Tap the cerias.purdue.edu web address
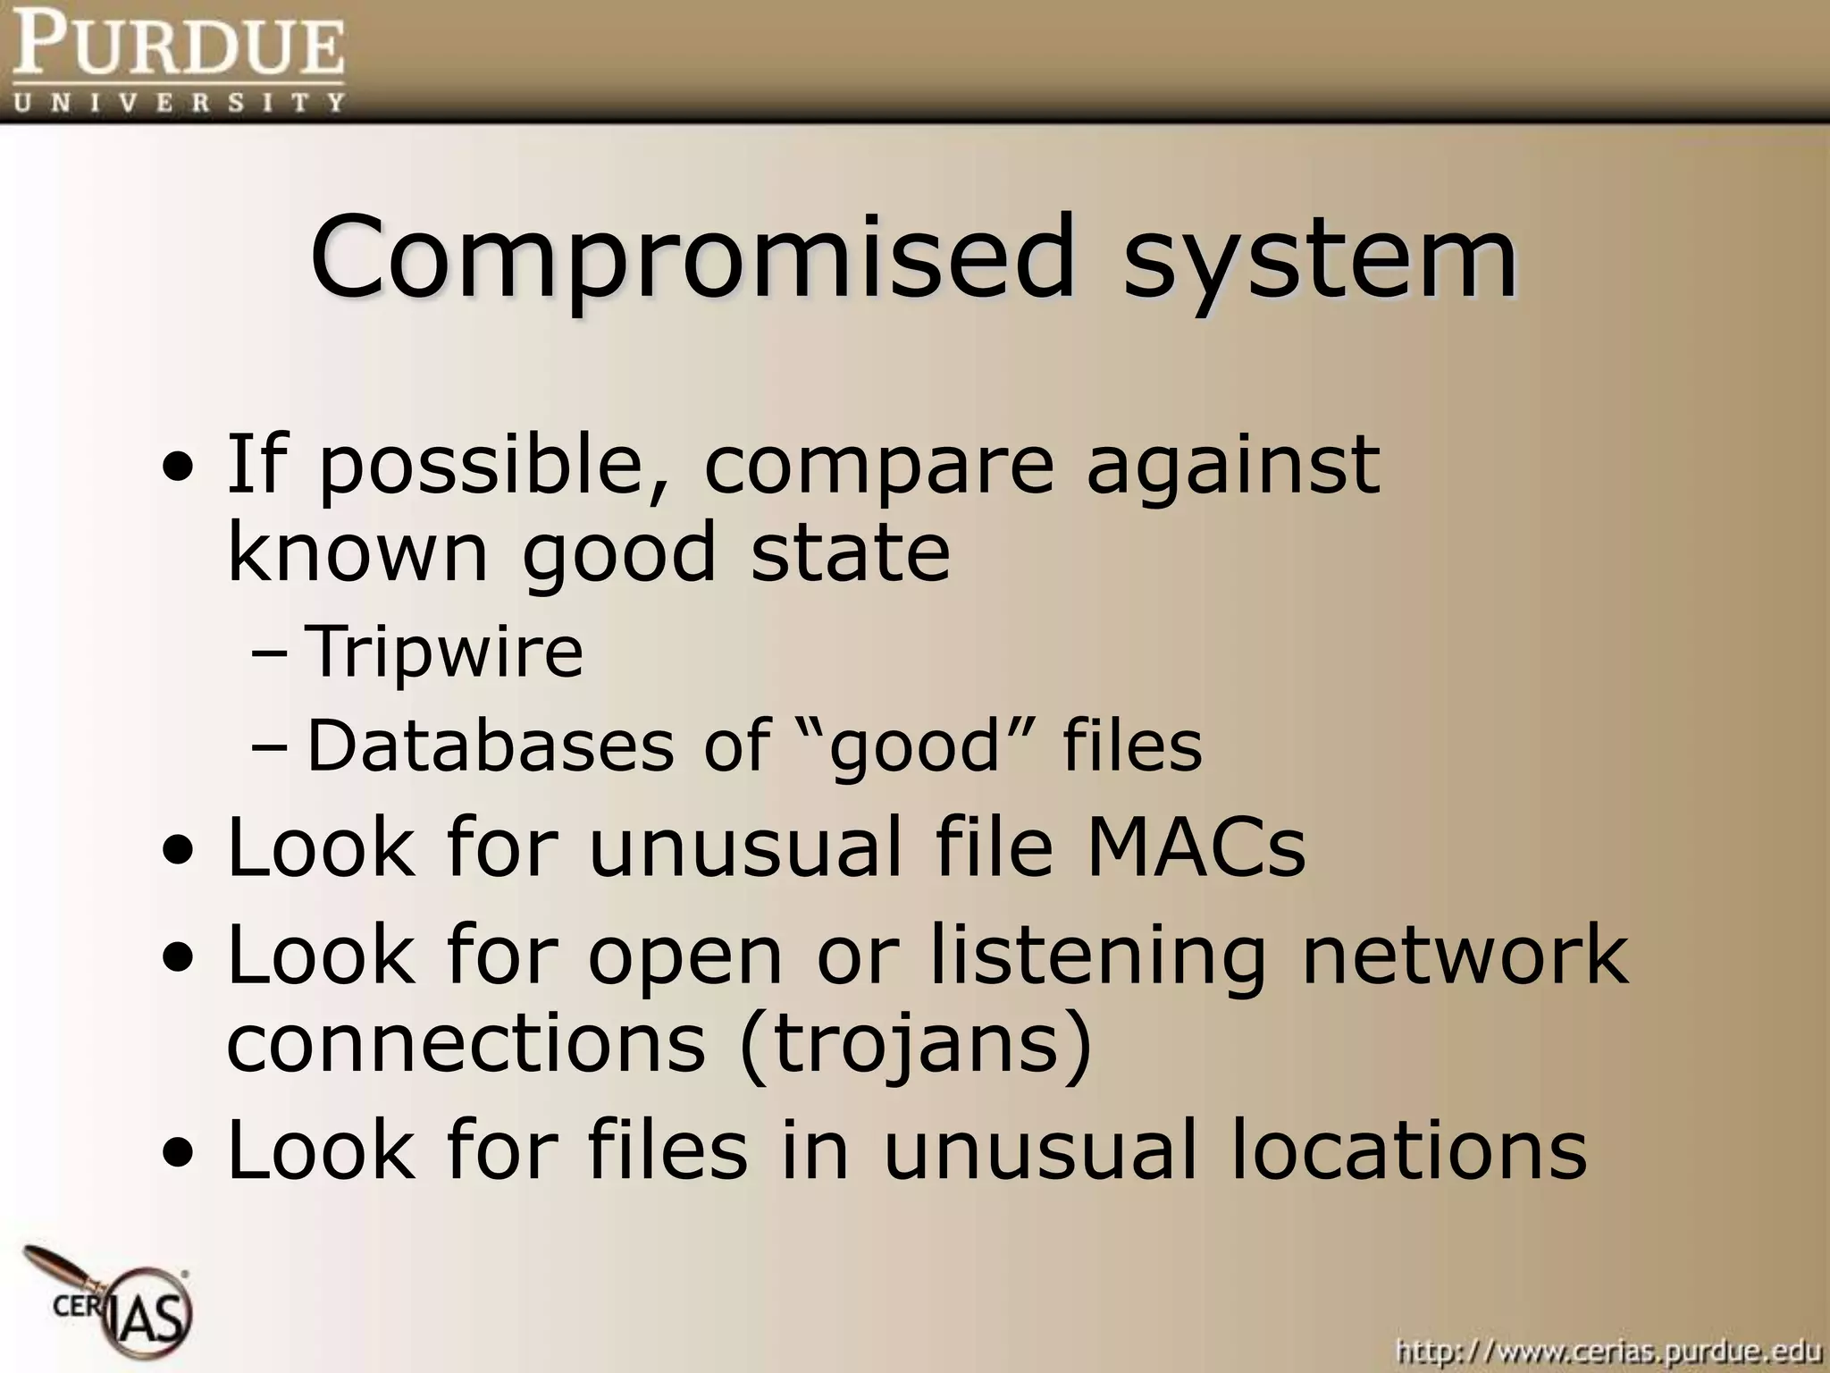tap(1608, 1350)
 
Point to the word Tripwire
tap(444, 651)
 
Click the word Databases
tap(491, 745)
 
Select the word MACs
tap(1195, 847)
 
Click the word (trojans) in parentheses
tap(916, 1043)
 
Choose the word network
tap(1465, 956)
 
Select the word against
tap(1233, 465)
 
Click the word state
tap(851, 552)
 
